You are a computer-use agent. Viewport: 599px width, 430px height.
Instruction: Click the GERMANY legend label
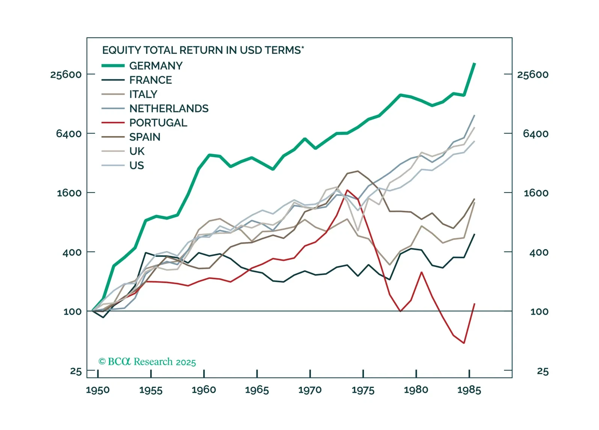point(156,66)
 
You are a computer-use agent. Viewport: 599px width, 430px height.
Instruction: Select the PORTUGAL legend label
point(158,123)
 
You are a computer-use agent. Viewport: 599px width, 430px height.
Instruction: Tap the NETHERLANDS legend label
point(169,109)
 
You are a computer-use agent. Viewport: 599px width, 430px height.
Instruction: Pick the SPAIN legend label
point(145,137)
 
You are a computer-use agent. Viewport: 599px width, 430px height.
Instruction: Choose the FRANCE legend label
point(151,80)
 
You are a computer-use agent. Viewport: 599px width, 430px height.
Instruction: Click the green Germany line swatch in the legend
point(113,66)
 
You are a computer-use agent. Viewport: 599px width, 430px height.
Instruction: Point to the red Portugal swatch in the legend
point(113,123)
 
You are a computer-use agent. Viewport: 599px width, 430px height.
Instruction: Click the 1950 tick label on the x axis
point(98,390)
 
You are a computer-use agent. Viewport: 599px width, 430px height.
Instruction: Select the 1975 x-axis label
point(363,390)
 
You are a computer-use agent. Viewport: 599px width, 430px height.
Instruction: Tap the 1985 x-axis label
point(469,390)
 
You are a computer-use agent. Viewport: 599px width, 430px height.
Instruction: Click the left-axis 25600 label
point(66,74)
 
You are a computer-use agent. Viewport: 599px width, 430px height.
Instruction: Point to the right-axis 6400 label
point(536,134)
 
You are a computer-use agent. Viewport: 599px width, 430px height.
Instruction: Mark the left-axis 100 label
point(72,312)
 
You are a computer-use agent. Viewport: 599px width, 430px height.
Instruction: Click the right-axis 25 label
point(543,371)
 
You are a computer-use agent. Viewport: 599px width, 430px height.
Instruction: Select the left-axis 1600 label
point(69,193)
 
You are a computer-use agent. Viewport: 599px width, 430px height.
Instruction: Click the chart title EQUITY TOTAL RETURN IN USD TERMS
point(203,50)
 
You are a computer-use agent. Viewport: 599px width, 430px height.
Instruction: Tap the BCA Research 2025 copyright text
point(147,362)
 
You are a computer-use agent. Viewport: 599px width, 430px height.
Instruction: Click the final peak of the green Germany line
point(475,64)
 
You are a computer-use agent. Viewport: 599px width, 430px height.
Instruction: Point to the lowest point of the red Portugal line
point(464,343)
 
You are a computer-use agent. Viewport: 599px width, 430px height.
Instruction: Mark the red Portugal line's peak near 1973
point(347,190)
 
